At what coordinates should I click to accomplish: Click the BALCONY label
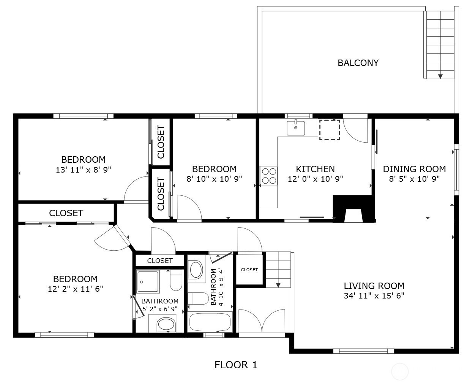pyautogui.click(x=358, y=63)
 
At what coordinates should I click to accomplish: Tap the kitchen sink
pyautogui.click(x=296, y=128)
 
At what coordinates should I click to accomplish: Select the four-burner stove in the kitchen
pyautogui.click(x=269, y=176)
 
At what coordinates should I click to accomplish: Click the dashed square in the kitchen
pyautogui.click(x=330, y=130)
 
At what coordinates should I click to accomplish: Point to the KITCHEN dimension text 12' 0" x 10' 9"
pyautogui.click(x=315, y=179)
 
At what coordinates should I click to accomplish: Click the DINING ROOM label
pyautogui.click(x=414, y=169)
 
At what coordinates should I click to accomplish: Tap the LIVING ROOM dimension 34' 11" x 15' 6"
pyautogui.click(x=374, y=295)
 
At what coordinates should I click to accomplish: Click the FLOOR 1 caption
pyautogui.click(x=236, y=365)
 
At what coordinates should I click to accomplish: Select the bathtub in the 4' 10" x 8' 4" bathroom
pyautogui.click(x=210, y=322)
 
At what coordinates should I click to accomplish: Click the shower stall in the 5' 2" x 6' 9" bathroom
pyautogui.click(x=148, y=281)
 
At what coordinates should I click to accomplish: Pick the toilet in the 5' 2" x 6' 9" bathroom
pyautogui.click(x=176, y=280)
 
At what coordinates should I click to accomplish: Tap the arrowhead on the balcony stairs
pyautogui.click(x=440, y=76)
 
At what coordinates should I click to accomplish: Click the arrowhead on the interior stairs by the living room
pyautogui.click(x=278, y=285)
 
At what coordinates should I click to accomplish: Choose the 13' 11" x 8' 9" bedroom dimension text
pyautogui.click(x=83, y=170)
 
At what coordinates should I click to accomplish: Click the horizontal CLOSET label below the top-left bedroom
pyautogui.click(x=66, y=213)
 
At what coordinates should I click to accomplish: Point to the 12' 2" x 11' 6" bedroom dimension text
pyautogui.click(x=76, y=289)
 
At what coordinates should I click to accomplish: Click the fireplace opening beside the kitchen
pyautogui.click(x=353, y=215)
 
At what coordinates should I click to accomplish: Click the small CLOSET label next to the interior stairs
pyautogui.click(x=249, y=270)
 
